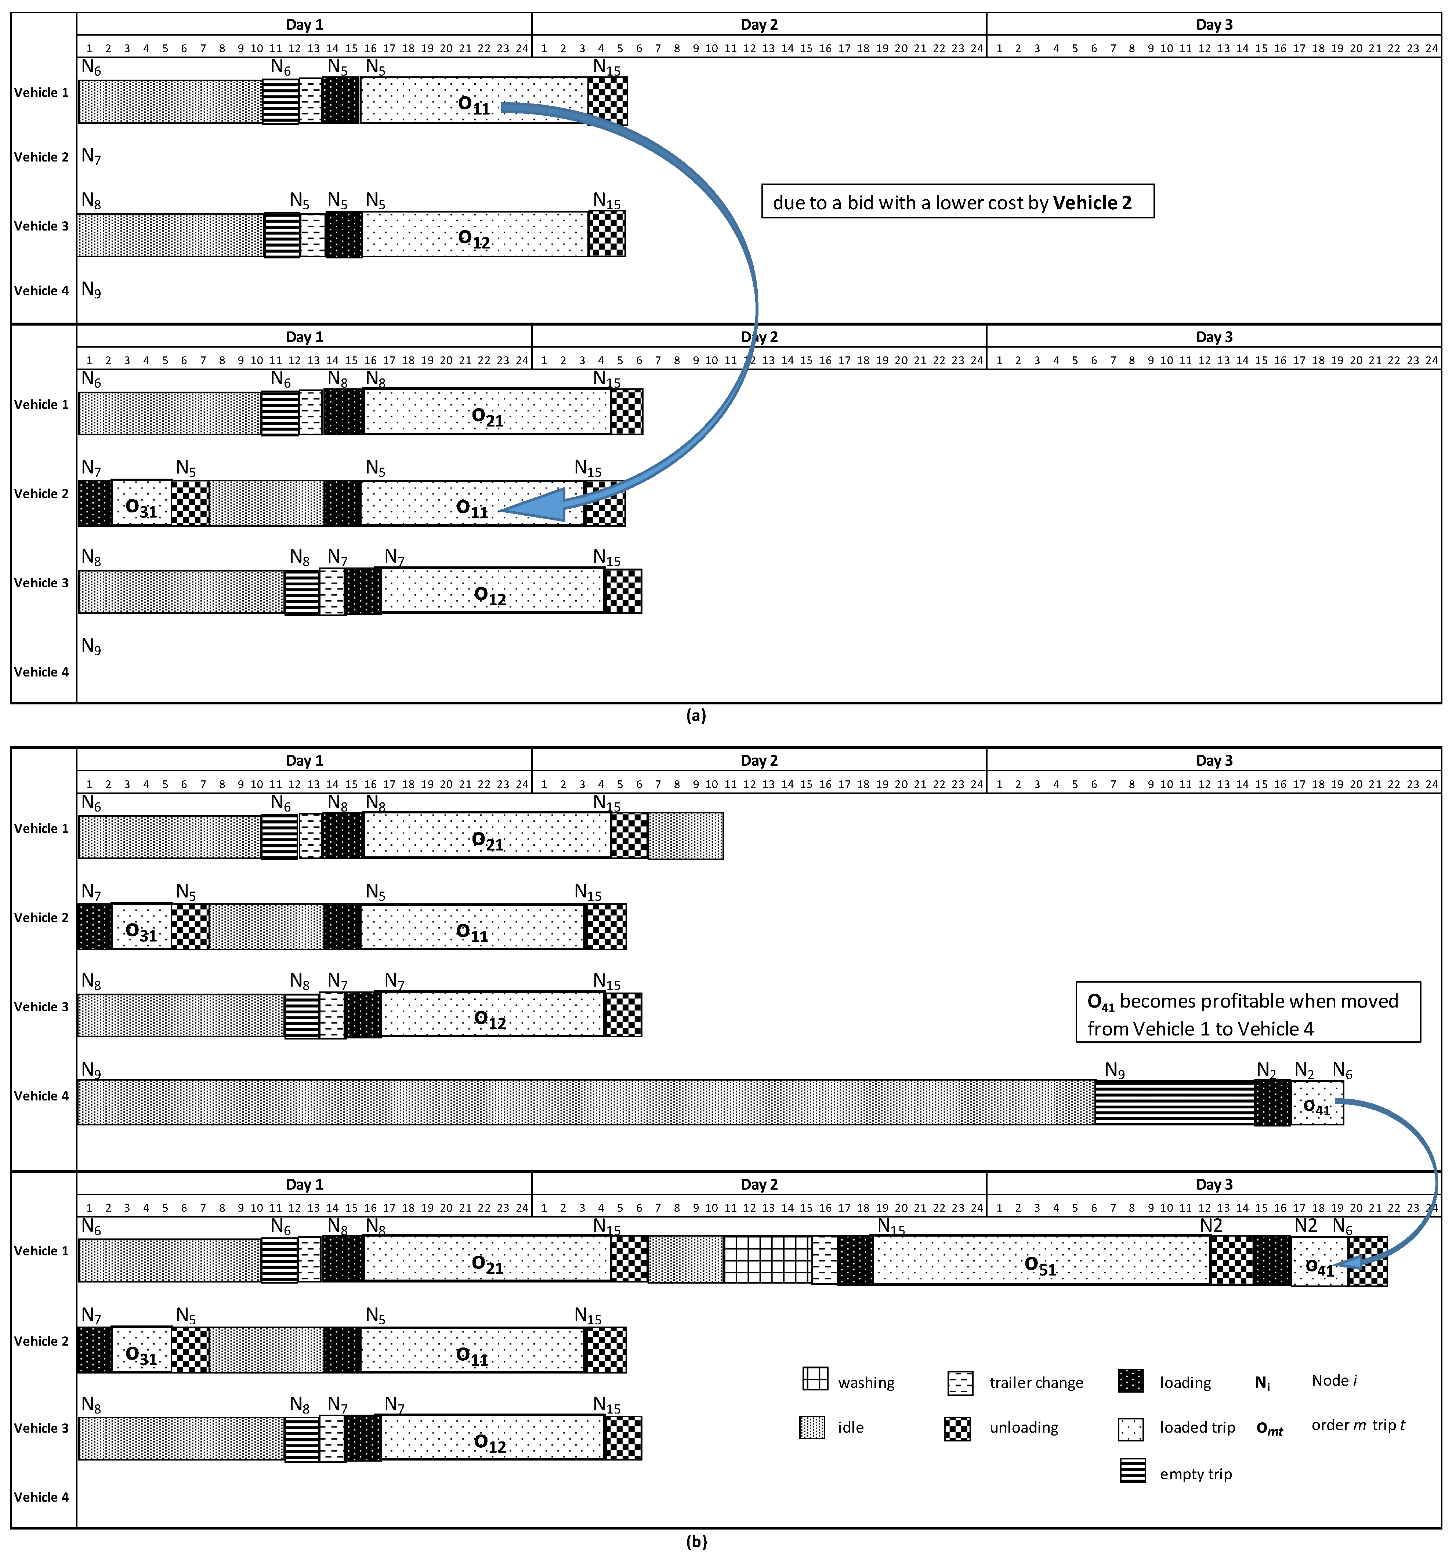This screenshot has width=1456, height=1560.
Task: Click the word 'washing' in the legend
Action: [866, 1383]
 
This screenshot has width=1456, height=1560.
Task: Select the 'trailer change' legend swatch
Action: [960, 1383]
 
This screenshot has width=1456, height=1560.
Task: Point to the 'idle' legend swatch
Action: [812, 1427]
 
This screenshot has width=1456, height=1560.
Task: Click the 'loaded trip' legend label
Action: [1197, 1427]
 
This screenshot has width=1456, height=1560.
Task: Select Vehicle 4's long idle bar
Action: [585, 1102]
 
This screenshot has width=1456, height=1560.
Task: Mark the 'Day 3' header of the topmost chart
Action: [1213, 24]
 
